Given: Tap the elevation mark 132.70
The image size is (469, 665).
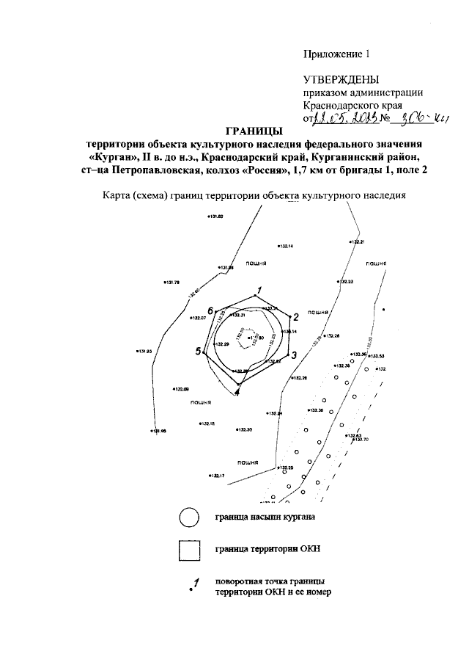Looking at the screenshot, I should coord(363,440).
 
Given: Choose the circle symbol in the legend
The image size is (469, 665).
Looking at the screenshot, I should coord(188,517).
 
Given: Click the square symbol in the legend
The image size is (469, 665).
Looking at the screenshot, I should coord(189,549).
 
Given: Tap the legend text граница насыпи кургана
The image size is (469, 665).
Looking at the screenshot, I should coord(265,517).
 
